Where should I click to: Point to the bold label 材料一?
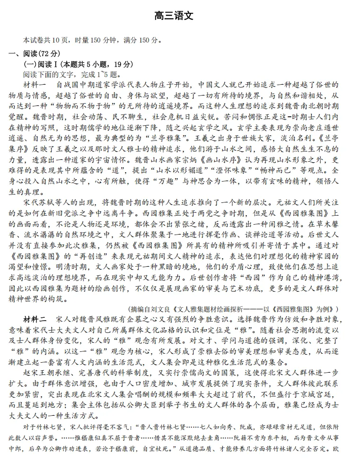point(35,85)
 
